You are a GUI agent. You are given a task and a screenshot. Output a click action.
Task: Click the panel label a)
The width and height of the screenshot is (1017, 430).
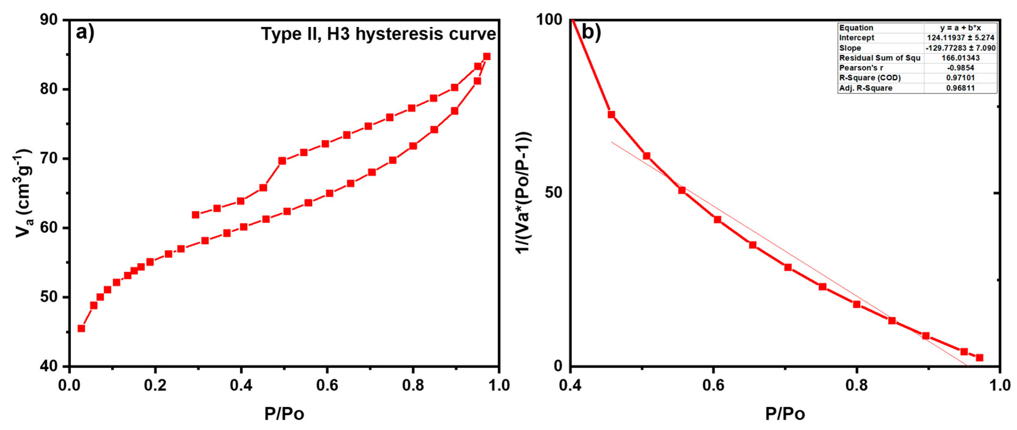pos(85,32)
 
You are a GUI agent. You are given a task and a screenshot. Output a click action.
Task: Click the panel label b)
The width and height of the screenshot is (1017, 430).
pos(591,32)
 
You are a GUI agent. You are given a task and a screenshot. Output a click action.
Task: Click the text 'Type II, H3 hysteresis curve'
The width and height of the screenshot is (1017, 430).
pos(378,34)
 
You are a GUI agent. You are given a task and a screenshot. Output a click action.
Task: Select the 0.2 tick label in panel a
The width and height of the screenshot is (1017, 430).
pos(155,384)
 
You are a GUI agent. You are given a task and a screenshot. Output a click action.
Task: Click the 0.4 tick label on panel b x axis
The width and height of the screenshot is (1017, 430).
pos(570,384)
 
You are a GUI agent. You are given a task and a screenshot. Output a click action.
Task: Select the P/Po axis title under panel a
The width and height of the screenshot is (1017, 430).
pos(284,414)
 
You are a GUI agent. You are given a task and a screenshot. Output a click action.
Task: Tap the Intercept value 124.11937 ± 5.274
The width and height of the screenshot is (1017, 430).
pos(960,38)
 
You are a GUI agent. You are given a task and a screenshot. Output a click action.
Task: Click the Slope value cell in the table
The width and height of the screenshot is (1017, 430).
pos(960,48)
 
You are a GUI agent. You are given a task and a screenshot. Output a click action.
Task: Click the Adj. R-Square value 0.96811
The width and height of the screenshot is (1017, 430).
pos(960,88)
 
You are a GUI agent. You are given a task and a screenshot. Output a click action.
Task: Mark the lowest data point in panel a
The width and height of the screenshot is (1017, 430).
pos(81,328)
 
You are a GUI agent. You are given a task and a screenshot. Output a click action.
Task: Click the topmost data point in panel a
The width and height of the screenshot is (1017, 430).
pos(487,57)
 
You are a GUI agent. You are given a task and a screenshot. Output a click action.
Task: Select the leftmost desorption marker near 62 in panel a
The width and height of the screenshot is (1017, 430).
pos(195,215)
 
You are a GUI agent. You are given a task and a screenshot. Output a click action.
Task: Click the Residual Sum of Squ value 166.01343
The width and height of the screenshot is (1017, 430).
pos(960,58)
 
